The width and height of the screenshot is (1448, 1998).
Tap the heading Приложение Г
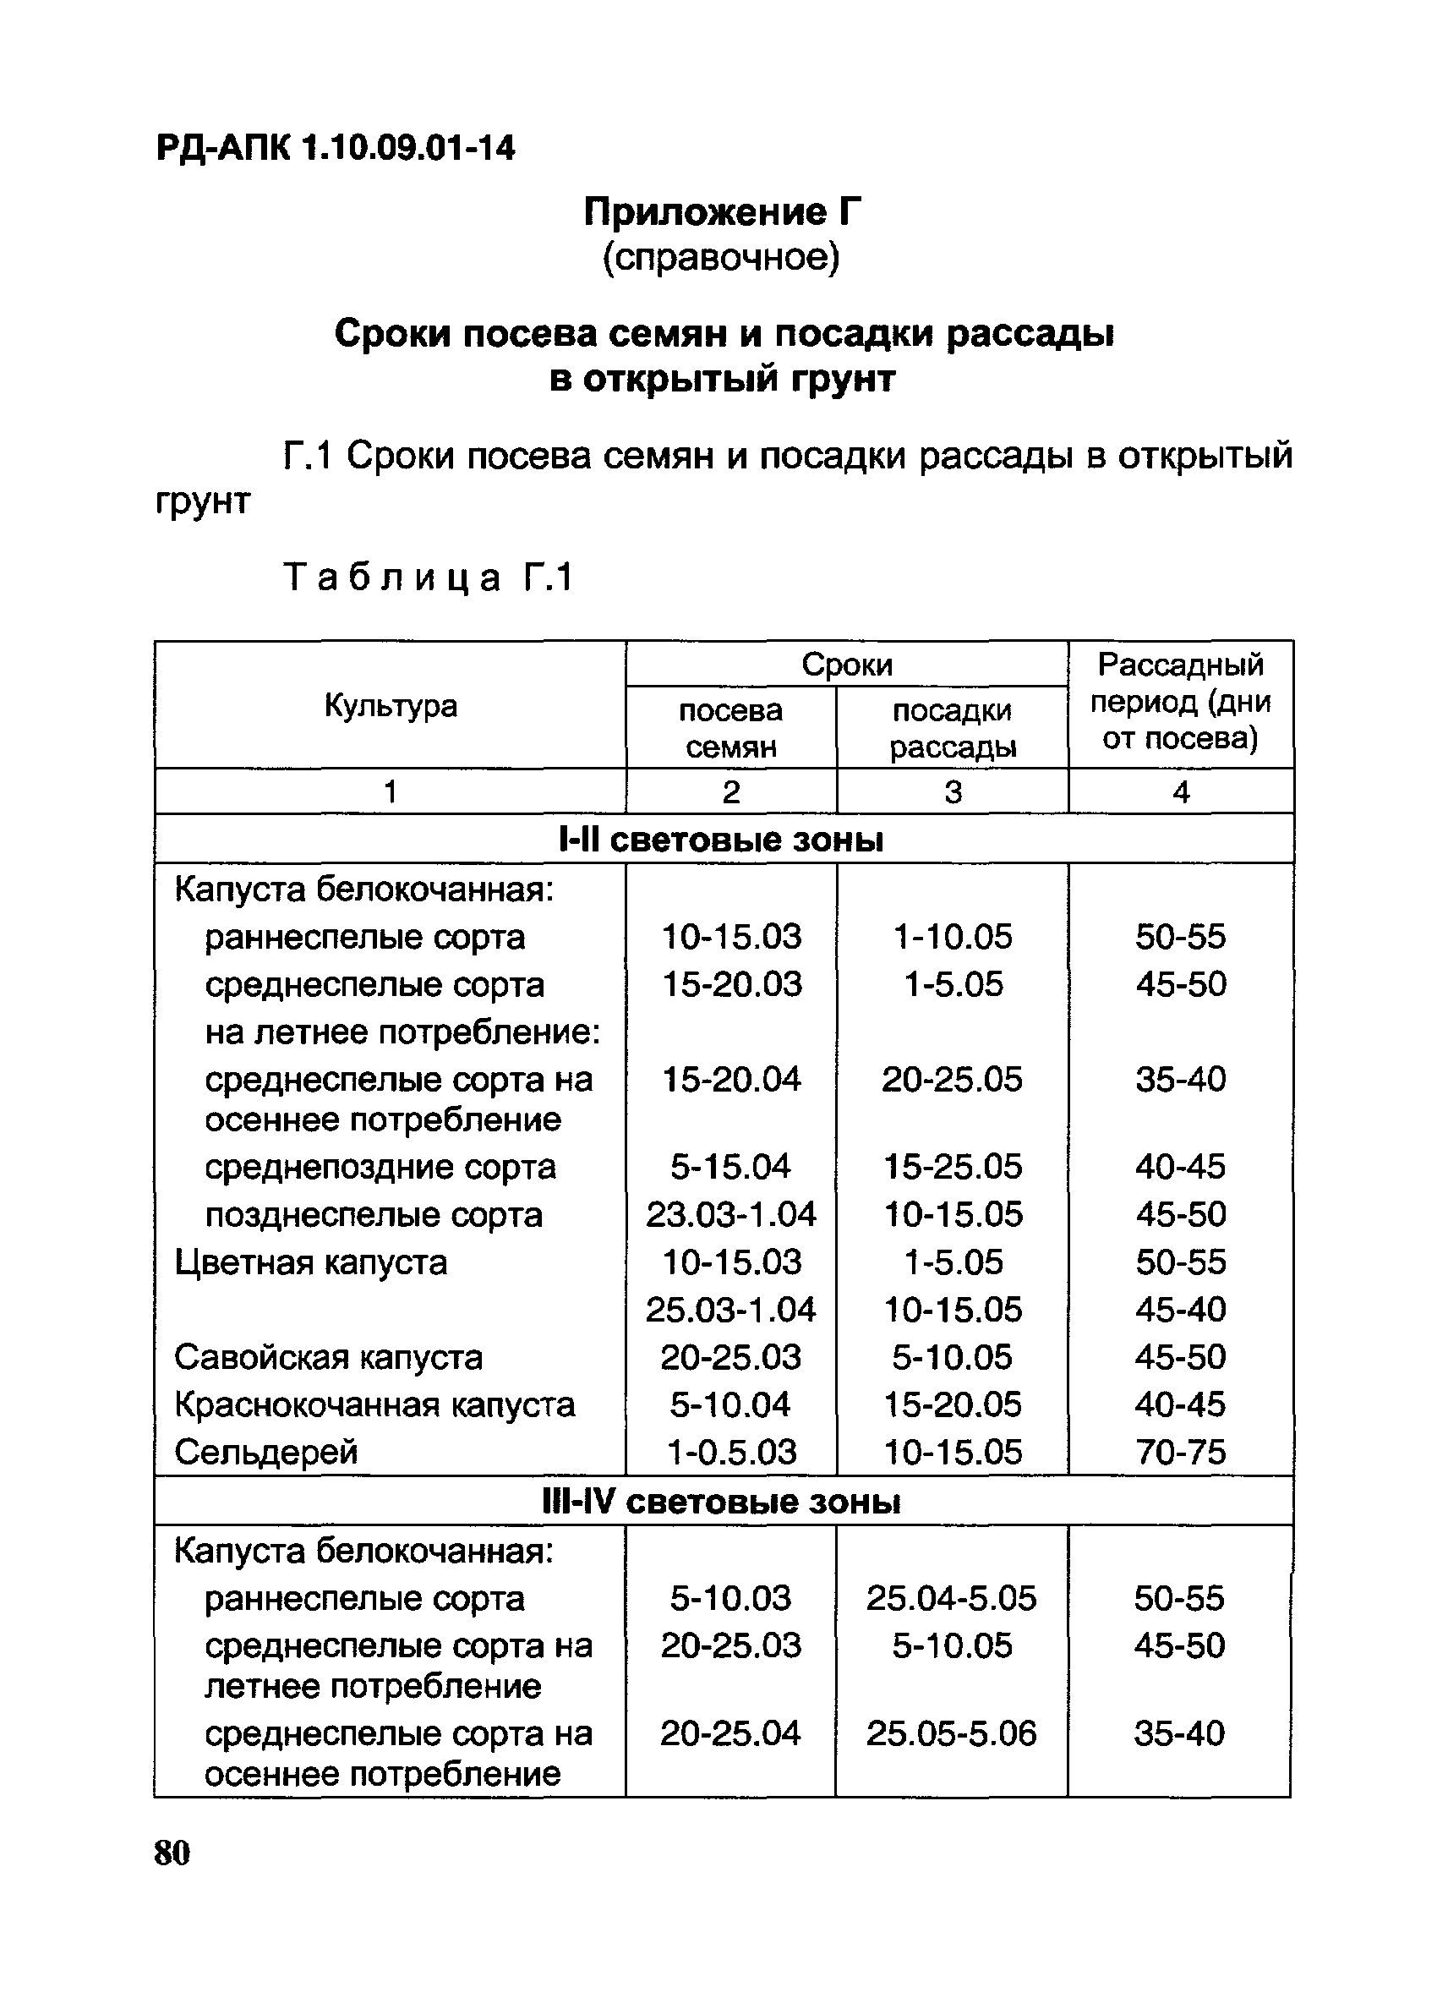pyautogui.click(x=722, y=212)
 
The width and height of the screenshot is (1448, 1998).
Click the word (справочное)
pyautogui.click(x=721, y=257)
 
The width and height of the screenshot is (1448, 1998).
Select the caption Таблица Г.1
pyautogui.click(x=429, y=578)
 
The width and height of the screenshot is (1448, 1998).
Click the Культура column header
pyautogui.click(x=391, y=706)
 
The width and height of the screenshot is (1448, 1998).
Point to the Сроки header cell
pyautogui.click(x=846, y=665)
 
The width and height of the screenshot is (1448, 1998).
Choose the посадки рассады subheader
pyautogui.click(x=952, y=729)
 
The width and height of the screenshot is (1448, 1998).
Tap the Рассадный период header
pyautogui.click(x=1180, y=701)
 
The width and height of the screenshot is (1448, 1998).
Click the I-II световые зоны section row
pyautogui.click(x=722, y=840)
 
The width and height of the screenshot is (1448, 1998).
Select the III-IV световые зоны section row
pyautogui.click(x=722, y=1501)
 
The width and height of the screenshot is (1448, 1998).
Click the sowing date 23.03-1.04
pyautogui.click(x=731, y=1215)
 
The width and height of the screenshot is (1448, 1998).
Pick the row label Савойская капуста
pyautogui.click(x=329, y=1358)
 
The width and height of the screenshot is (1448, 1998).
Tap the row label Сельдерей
pyautogui.click(x=266, y=1452)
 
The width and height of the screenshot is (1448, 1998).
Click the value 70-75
pyautogui.click(x=1180, y=1452)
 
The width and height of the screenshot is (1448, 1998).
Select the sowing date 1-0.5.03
pyautogui.click(x=731, y=1452)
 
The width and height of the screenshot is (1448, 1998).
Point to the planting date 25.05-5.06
pyautogui.click(x=951, y=1733)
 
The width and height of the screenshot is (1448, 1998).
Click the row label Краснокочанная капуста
pyautogui.click(x=374, y=1404)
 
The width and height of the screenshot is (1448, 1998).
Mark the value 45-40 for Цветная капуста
pyautogui.click(x=1180, y=1310)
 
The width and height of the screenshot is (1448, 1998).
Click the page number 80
pyautogui.click(x=172, y=1853)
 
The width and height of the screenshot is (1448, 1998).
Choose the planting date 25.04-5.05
pyautogui.click(x=951, y=1598)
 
